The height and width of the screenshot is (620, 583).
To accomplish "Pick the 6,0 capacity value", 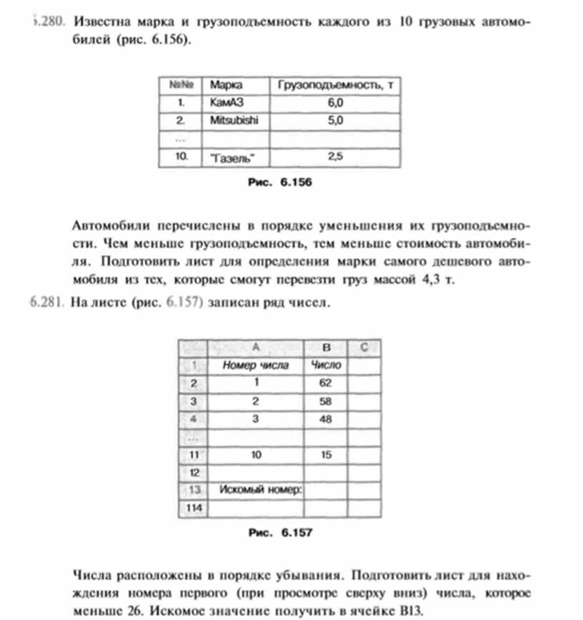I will [x=334, y=103].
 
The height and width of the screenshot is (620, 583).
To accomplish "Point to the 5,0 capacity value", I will [x=334, y=121].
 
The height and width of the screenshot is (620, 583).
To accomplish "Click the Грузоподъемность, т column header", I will [x=334, y=85].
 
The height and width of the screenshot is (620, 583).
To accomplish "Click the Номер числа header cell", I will [x=256, y=365].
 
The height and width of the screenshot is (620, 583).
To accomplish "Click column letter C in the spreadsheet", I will [x=364, y=348].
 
